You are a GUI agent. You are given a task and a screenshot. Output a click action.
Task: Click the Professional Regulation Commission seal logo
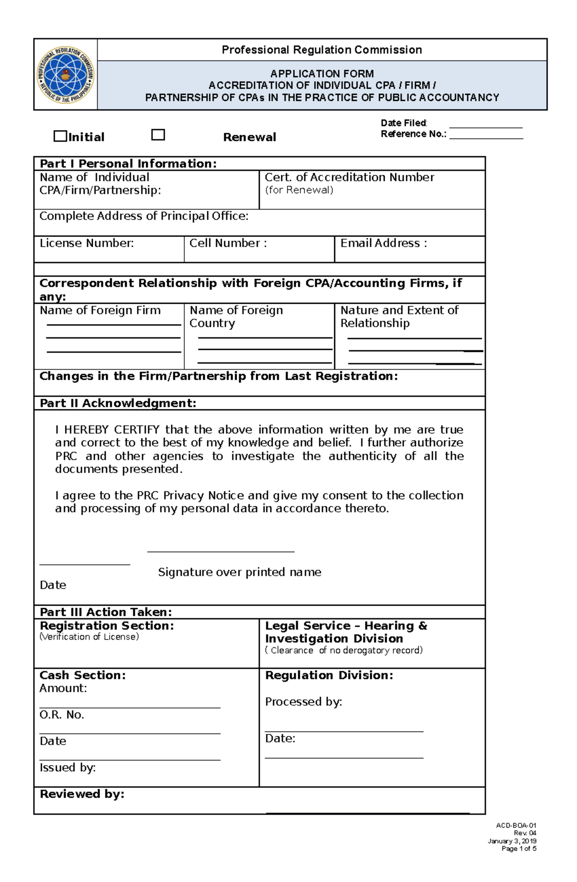click(66, 75)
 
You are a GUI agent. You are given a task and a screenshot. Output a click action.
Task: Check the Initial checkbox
click(60, 136)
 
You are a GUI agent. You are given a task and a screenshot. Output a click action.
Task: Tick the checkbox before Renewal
click(158, 135)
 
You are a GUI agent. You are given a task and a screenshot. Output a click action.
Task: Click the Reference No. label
click(414, 134)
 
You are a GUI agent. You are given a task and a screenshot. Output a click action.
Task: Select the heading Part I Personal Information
click(128, 163)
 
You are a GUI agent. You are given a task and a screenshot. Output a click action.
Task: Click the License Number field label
click(87, 243)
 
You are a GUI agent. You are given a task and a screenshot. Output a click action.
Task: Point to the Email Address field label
click(383, 243)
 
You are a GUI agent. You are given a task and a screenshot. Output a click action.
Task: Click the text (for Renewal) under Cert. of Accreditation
click(299, 190)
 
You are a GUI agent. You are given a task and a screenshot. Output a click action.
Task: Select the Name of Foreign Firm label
click(100, 311)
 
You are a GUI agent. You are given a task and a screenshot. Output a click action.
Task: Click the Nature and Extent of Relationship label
click(399, 316)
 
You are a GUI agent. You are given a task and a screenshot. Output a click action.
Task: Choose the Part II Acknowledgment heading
click(118, 403)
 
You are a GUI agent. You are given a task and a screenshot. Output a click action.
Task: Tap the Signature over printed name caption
click(239, 572)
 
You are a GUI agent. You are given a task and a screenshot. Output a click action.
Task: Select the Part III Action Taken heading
click(106, 612)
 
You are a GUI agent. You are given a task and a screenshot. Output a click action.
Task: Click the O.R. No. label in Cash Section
click(62, 715)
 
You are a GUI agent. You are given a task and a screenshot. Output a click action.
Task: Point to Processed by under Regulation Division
click(303, 702)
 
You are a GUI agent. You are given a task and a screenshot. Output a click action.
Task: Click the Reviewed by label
click(82, 794)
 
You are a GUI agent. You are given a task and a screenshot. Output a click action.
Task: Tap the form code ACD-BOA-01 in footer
click(516, 825)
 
